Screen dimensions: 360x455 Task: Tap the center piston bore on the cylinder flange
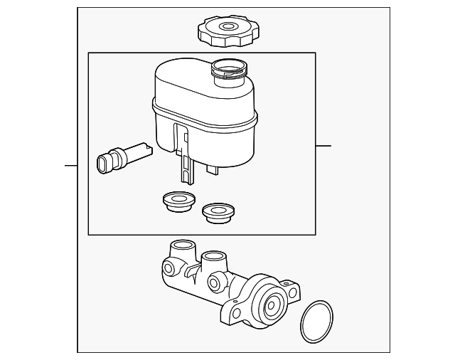271,306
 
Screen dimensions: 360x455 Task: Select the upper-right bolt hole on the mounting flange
293,292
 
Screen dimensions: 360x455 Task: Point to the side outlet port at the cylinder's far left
169,270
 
